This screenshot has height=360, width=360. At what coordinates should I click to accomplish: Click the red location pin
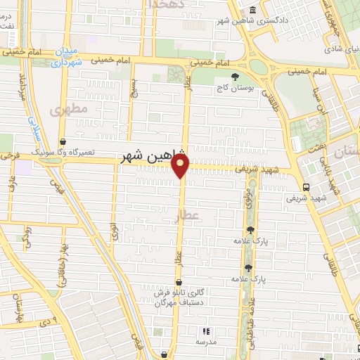[x=181, y=166]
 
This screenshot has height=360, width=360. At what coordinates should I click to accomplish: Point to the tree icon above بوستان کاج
[x=233, y=76]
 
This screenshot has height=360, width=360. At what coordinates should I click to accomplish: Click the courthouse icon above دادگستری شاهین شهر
[x=252, y=9]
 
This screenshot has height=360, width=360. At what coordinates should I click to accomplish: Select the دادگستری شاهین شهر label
[x=252, y=20]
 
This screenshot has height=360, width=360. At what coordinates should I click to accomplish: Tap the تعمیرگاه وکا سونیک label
[x=62, y=152]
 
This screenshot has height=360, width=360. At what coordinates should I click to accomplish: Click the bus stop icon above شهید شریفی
[x=306, y=187]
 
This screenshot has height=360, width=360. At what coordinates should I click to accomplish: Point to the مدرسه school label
[x=206, y=342]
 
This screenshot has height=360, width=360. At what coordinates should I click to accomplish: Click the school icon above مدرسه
[x=206, y=331]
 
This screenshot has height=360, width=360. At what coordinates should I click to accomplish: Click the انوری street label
[x=115, y=232]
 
